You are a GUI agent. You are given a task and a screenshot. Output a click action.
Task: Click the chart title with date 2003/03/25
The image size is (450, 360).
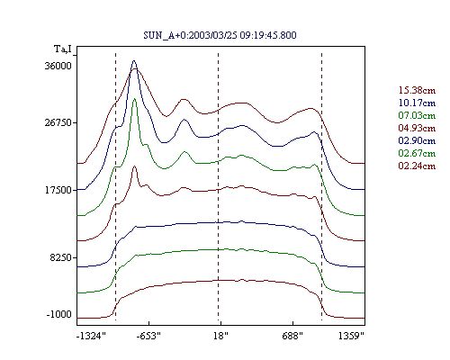(x=220, y=35)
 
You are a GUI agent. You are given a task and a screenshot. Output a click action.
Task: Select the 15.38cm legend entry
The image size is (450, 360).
(x=417, y=90)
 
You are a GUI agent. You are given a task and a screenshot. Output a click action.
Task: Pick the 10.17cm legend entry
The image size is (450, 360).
(x=417, y=103)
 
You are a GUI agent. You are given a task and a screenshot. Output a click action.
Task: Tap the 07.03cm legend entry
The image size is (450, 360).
(x=417, y=115)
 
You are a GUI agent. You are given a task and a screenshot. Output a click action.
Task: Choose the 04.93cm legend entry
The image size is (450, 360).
(x=417, y=128)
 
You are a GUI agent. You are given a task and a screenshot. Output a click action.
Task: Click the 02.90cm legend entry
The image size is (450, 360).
(x=417, y=140)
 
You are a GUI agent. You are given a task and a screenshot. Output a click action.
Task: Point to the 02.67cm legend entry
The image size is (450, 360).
(x=417, y=153)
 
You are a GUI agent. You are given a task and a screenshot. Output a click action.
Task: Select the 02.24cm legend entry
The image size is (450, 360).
(x=417, y=166)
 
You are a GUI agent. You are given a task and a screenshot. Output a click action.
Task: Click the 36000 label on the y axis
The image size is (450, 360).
(x=58, y=66)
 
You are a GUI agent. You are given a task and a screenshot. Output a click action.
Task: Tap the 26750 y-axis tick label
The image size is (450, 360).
(x=58, y=122)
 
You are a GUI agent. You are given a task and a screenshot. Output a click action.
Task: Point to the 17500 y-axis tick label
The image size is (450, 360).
(x=58, y=190)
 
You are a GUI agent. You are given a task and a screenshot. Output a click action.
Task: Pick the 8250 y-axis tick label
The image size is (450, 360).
(x=61, y=257)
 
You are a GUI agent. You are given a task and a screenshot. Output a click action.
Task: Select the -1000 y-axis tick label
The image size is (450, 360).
(x=59, y=314)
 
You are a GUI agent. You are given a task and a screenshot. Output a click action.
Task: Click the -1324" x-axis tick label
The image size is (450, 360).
(x=91, y=336)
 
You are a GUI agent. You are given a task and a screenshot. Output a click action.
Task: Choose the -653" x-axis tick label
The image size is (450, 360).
(x=148, y=336)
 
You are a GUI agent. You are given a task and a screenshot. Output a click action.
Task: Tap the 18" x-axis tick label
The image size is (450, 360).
(x=220, y=336)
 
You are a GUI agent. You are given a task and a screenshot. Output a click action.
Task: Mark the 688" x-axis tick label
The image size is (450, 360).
(x=292, y=336)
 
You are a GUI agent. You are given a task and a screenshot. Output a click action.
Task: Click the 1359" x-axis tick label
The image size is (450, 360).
(x=351, y=336)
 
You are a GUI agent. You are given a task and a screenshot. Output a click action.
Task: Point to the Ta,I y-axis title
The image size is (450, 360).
(x=63, y=49)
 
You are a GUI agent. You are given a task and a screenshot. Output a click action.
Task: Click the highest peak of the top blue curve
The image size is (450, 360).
(x=134, y=60)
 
